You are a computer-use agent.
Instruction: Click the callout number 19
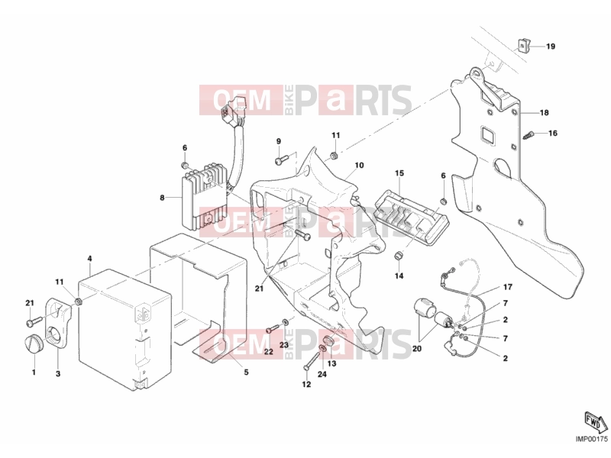(550, 47)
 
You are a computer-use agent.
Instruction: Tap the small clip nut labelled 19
(522, 46)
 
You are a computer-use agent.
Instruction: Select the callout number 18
(544, 112)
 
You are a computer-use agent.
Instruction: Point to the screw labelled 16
(527, 135)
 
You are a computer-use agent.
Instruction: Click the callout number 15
(399, 173)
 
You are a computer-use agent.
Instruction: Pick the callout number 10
(359, 165)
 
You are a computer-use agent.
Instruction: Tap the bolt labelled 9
(281, 160)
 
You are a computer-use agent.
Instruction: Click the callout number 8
(162, 198)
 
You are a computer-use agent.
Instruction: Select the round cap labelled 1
(31, 343)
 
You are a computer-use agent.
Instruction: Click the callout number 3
(58, 374)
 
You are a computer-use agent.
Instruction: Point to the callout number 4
(89, 259)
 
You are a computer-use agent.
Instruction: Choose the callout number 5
(246, 373)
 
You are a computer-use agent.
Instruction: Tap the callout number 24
(322, 374)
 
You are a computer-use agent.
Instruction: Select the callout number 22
(269, 352)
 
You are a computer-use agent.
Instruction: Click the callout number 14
(399, 276)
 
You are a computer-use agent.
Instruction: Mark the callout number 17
(508, 287)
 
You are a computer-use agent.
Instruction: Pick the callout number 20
(416, 349)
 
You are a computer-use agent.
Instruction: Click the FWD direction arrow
(596, 421)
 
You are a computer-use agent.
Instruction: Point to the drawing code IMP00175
(592, 439)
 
